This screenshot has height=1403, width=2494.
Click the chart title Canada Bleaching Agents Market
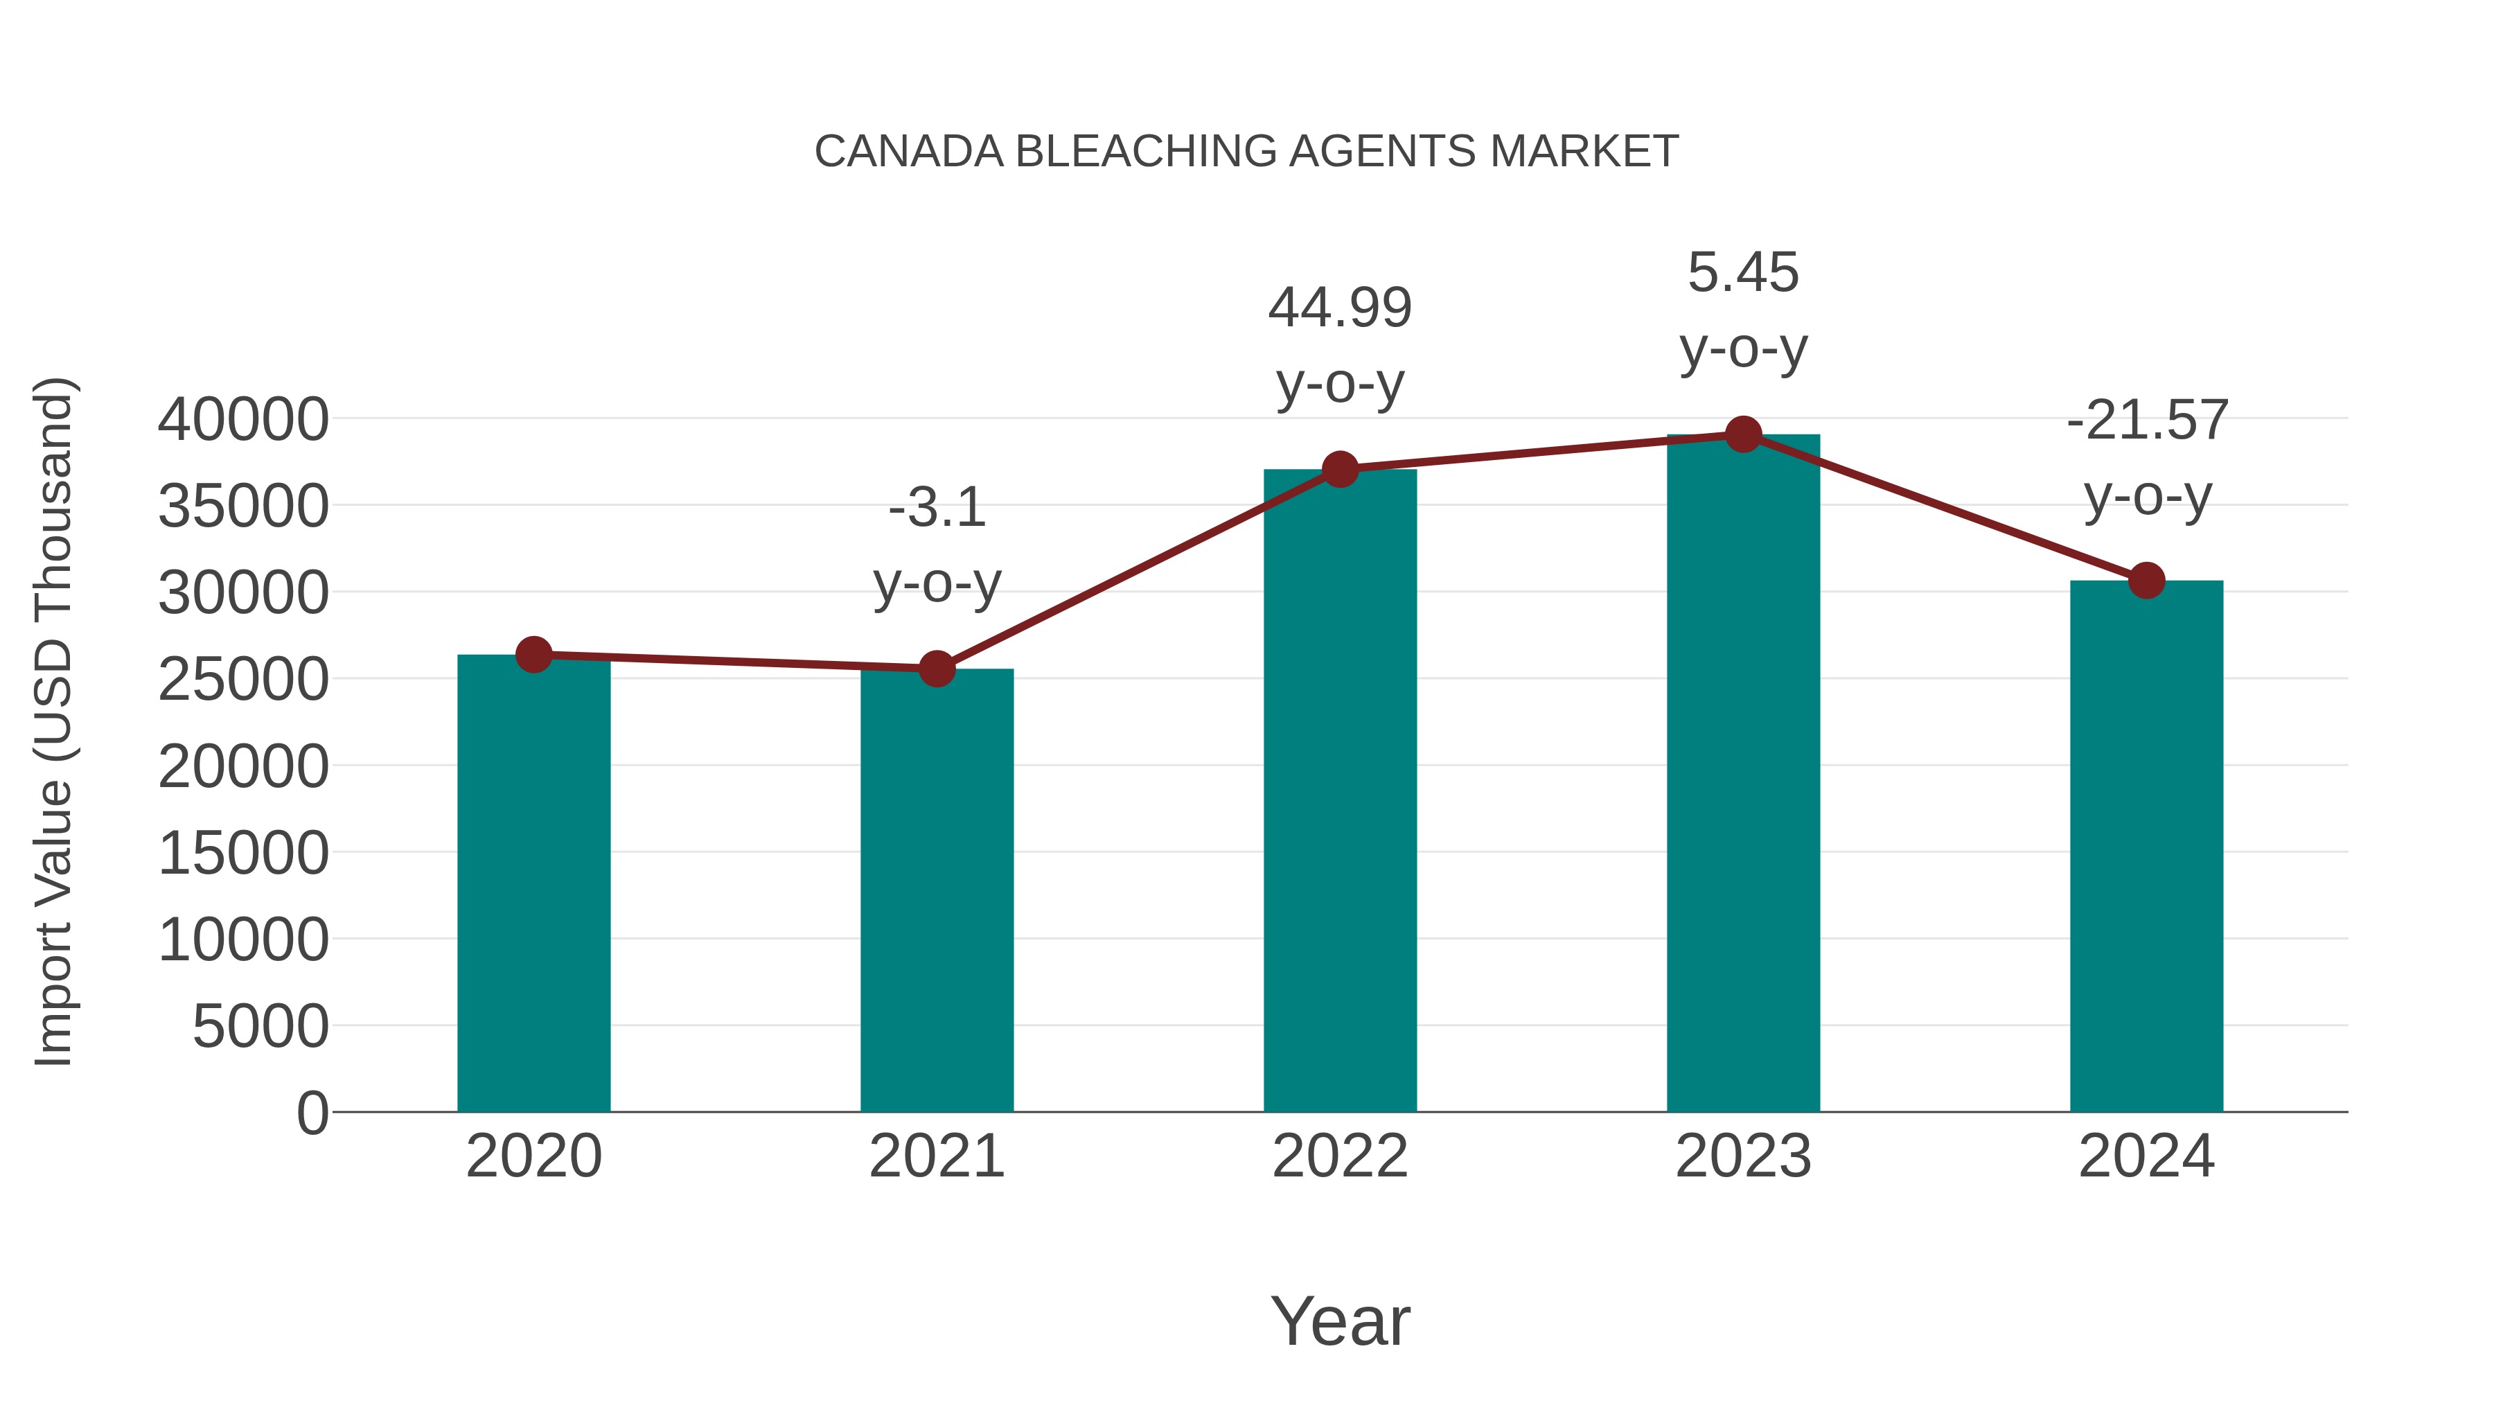[1246, 152]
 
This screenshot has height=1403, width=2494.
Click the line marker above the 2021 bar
[936, 668]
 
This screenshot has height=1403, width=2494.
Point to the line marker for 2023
[1743, 434]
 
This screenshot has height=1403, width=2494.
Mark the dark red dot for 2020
[533, 655]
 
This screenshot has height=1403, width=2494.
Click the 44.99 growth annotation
[1340, 308]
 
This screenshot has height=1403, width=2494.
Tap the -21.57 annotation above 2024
[2146, 421]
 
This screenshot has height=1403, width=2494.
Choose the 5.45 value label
[1743, 272]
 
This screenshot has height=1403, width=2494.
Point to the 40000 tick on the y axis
[243, 421]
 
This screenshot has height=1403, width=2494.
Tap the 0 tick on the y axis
[312, 1113]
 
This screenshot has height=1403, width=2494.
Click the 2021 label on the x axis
[936, 1156]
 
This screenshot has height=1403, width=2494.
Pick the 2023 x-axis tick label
[1743, 1156]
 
